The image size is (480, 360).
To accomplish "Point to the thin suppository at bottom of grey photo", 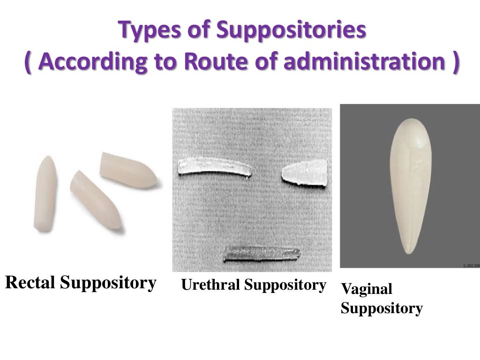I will (x=261, y=254).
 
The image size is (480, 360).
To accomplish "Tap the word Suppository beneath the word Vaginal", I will (x=382, y=308).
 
